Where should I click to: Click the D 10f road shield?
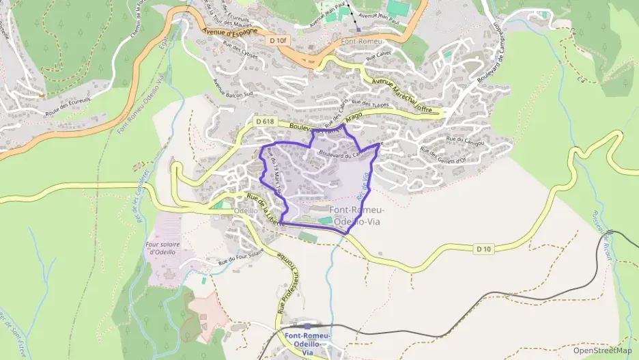coord(277,40)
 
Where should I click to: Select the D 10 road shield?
coord(483,248)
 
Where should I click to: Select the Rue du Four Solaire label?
coord(240,258)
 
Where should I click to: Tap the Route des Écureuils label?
coord(68,103)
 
